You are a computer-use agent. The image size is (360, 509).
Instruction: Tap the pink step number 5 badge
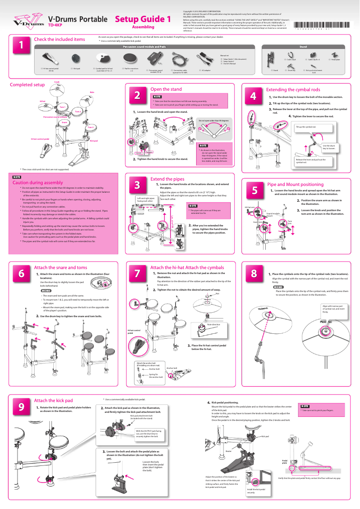coord(255,190)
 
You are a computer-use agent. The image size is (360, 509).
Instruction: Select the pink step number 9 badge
coord(21,406)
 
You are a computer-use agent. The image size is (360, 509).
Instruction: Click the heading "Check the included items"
coord(59,40)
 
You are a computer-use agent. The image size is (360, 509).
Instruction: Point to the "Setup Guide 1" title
coord(143,19)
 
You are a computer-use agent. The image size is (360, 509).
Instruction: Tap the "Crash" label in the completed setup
coord(57,82)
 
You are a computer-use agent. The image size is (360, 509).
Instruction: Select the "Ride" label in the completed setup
coord(92,92)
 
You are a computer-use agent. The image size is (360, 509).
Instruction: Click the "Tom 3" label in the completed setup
coord(91,127)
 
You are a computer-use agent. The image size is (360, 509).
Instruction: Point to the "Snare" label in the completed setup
coord(64,122)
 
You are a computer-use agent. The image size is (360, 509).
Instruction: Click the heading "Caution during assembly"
coord(38,183)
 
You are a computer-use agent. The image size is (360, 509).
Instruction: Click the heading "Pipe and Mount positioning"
coord(295,185)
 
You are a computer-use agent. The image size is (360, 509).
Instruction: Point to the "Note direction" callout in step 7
coord(214,324)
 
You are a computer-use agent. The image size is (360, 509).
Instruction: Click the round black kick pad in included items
coord(77,58)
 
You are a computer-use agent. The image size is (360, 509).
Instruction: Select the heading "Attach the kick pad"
coord(53,400)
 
